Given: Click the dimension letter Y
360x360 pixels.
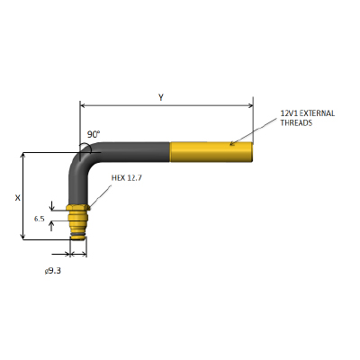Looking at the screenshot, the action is (161, 97).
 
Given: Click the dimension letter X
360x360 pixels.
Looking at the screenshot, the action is (18, 198).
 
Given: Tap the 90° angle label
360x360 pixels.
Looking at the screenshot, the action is (94, 134).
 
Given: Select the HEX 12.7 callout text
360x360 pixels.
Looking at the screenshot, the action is (127, 178).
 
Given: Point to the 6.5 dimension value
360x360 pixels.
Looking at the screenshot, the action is (39, 219).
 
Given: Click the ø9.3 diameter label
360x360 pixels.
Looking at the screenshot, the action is (53, 271).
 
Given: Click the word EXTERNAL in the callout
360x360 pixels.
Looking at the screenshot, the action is (317, 113).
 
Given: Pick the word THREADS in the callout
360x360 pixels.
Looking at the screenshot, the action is (296, 122).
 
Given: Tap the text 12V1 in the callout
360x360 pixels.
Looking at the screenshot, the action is (289, 113).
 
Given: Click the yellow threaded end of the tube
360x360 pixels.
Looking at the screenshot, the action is (211, 152).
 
